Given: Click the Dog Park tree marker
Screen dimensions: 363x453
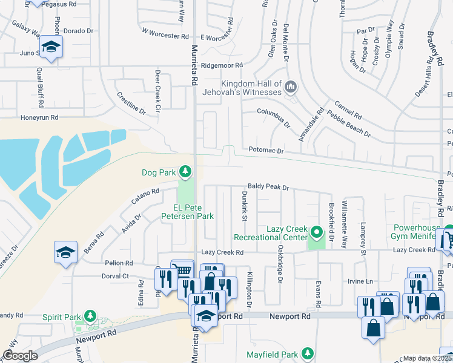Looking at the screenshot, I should [x=185, y=173].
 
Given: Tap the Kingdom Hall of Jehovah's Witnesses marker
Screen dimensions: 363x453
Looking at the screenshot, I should [x=291, y=87].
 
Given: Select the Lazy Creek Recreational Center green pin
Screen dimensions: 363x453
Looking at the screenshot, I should [x=316, y=232].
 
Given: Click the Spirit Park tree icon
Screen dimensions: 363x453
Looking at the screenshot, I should [x=90, y=316].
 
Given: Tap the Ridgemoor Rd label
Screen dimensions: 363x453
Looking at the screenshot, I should [x=222, y=65].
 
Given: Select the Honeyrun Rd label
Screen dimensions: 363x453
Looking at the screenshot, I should [x=39, y=117].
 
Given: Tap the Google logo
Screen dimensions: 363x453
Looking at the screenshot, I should [x=20, y=355].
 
